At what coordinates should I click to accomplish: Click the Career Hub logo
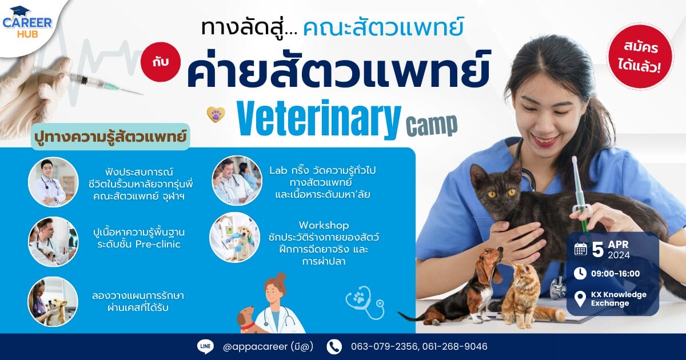point(27,22)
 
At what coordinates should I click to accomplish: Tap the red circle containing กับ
point(161,62)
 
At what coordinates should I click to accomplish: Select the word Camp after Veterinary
point(432,125)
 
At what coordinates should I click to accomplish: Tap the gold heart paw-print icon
point(216,114)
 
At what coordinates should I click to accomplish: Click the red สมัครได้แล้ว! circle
point(640,57)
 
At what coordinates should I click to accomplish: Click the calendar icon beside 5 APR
point(581,249)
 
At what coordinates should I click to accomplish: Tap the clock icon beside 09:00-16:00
point(580,273)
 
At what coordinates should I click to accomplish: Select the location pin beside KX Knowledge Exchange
point(580,299)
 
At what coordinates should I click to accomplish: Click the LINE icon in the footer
point(205,346)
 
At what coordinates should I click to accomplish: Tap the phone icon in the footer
point(334,347)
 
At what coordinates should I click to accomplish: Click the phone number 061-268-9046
point(455,346)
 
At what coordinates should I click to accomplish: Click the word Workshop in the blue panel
point(324,226)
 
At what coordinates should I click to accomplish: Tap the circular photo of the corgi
point(53,302)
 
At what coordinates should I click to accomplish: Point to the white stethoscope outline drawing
point(365,302)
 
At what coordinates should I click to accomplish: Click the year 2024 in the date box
point(619,255)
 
